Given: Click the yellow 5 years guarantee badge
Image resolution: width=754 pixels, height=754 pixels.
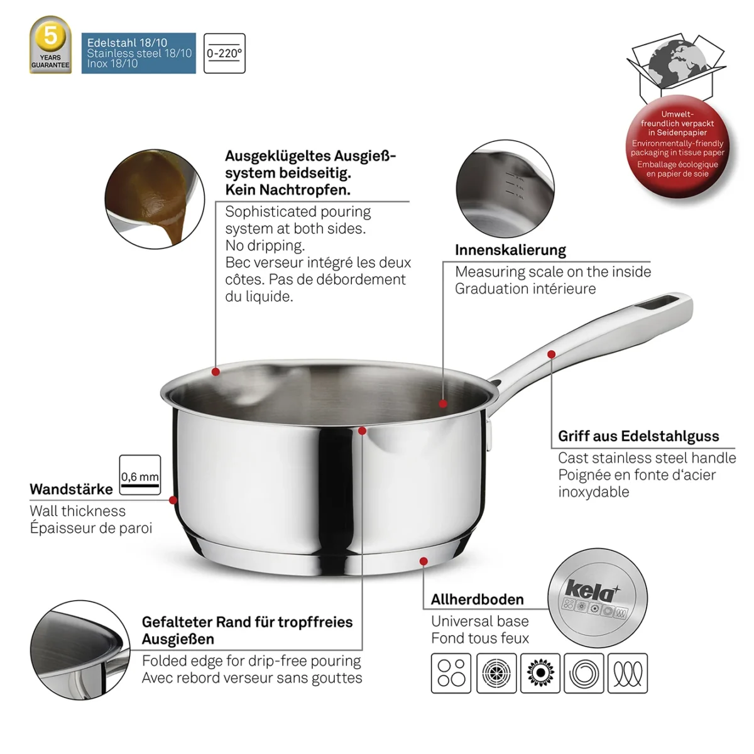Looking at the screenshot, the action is (50, 44).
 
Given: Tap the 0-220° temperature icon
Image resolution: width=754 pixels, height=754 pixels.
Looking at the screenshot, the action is (224, 53).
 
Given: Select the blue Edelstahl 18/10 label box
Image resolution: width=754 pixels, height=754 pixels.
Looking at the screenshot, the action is (138, 53).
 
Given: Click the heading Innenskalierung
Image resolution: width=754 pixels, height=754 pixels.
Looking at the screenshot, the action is (510, 250).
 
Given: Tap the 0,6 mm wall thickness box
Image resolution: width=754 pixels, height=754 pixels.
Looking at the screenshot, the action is (140, 474).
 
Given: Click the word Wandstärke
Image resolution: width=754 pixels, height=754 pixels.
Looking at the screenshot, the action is (71, 489).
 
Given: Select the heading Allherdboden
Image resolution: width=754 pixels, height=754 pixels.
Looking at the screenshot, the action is (478, 599).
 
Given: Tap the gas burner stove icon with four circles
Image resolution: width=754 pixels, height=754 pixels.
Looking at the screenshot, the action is (451, 673).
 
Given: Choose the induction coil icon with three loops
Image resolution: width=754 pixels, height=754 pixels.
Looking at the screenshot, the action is (628, 673).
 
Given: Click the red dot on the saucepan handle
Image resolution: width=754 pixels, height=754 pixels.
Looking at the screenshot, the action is (551, 354).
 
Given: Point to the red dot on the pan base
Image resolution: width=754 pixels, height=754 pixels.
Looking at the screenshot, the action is (423, 562).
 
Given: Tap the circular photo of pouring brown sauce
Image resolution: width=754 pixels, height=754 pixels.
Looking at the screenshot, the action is (155, 199).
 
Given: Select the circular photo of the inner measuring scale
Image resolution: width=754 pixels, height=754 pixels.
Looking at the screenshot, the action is (505, 188).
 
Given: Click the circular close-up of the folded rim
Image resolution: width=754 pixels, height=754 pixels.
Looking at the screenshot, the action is (80, 650).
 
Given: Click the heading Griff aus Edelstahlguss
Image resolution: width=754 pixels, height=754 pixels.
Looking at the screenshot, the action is (638, 436).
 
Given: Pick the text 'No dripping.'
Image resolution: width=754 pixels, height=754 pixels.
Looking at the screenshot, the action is (265, 245).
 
